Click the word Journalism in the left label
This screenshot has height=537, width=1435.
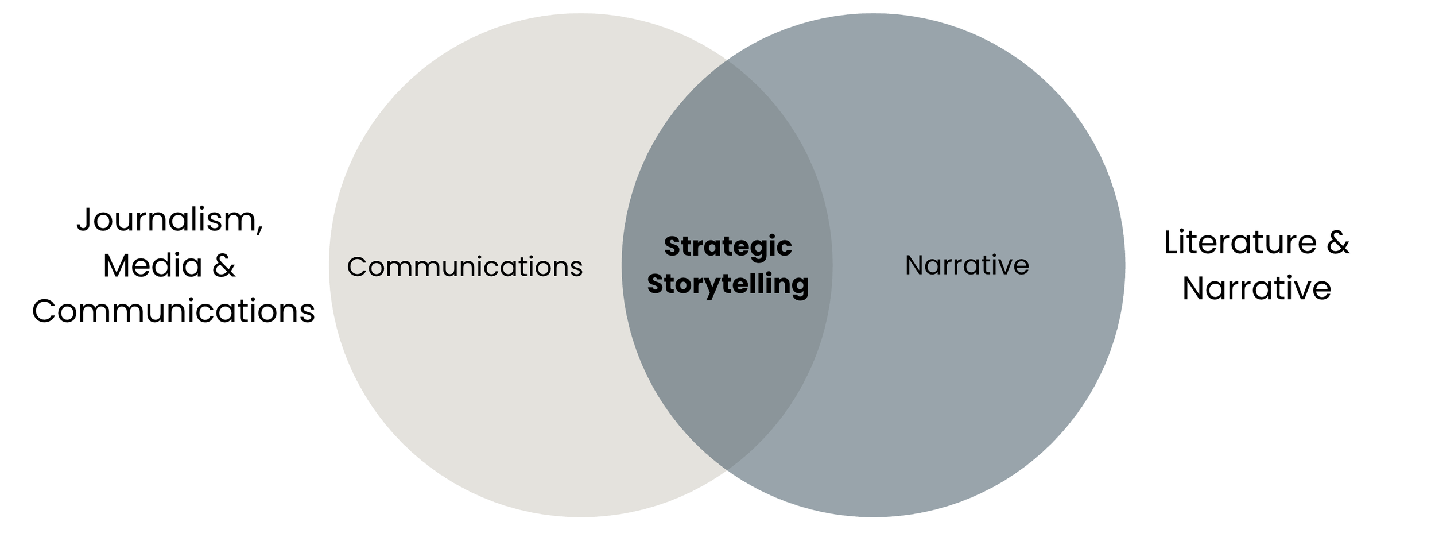tap(166, 219)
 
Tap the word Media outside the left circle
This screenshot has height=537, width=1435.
tap(152, 266)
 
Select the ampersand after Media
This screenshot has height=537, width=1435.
tap(224, 266)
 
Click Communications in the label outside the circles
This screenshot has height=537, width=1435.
tap(173, 311)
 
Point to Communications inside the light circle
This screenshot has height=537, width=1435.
tap(464, 267)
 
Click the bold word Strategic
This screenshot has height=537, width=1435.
tap(728, 247)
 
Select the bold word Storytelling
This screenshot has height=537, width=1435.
tap(728, 284)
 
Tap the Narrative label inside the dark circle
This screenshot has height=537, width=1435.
tap(967, 265)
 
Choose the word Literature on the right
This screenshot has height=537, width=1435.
tap(1240, 242)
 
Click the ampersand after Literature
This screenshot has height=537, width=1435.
tap(1337, 242)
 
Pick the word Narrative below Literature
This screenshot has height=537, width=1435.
tap(1256, 288)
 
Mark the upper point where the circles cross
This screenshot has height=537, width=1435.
tap(727, 60)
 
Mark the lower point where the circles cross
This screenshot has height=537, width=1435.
tap(727, 470)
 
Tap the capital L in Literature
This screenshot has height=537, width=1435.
tap(1170, 242)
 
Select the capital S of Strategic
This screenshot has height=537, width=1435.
tap(671, 247)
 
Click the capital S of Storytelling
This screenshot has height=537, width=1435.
tap(655, 284)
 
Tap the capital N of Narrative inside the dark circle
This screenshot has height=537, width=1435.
tap(913, 265)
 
